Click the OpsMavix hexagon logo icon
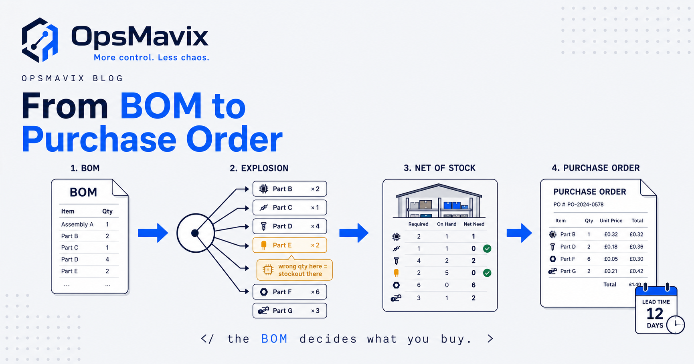coord(40,40)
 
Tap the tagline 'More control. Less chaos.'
coord(152,58)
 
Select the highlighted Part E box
coord(289,245)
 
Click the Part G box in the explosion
coord(289,311)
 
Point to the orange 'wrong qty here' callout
coord(294,270)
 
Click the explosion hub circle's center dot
coord(195,233)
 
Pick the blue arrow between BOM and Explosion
coord(153,233)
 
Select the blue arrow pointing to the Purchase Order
coord(519,233)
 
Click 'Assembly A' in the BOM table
coord(77,224)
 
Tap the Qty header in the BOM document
coord(107,211)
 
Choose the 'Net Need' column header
coord(474,224)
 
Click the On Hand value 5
coord(447,273)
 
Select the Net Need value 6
coord(473,285)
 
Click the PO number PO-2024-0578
coord(585,205)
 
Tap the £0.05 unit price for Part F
coord(611,259)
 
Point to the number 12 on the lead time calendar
coord(655,314)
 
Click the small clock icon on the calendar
coord(676,324)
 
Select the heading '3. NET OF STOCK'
coord(439,168)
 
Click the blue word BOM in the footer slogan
coord(274,339)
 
